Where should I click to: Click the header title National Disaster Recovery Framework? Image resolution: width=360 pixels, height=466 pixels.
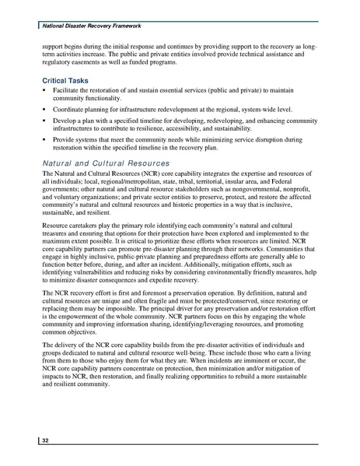pos(85,26)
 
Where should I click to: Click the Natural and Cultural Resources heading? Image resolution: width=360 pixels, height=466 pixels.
pos(105,163)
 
